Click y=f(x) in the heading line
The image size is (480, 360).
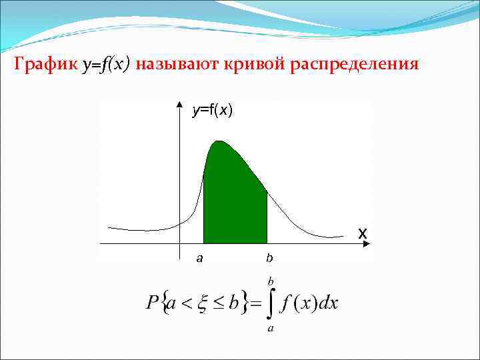[x=107, y=65]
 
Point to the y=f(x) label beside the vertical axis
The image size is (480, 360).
[x=212, y=111]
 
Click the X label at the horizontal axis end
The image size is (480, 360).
[x=362, y=234]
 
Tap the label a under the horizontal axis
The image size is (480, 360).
[x=199, y=257]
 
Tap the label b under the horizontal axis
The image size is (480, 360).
[x=269, y=257]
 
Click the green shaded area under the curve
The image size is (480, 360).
[x=233, y=200]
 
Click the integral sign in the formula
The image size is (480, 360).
[x=271, y=304]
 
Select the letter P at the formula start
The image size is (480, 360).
[x=152, y=304]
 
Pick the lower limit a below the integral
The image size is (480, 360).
[x=271, y=329]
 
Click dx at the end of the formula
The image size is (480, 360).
[x=329, y=304]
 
